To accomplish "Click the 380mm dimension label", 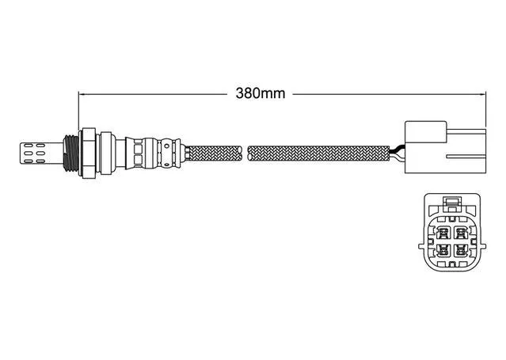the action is point(261,93).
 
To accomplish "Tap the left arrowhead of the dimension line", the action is point(82,94).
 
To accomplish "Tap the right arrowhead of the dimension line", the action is point(483,94).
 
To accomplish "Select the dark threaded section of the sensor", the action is point(70,153).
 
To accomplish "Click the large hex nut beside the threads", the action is point(89,153).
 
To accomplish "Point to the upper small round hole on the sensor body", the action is point(166,146).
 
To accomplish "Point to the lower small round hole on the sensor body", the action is point(166,165).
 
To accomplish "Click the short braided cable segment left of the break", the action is point(215,153).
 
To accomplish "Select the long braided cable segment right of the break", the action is point(318,153).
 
